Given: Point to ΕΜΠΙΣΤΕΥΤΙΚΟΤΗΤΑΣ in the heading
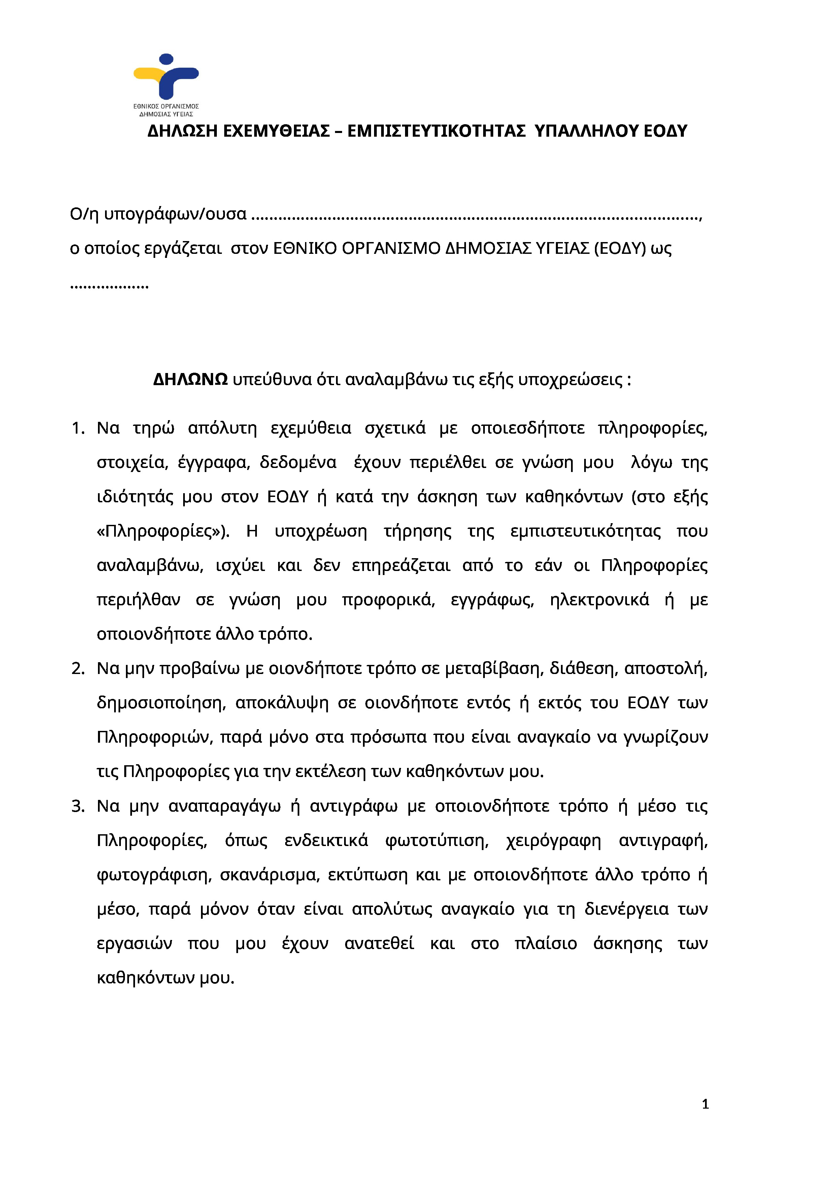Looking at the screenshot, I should pyautogui.click(x=436, y=132).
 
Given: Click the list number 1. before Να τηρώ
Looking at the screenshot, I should pyautogui.click(x=78, y=428).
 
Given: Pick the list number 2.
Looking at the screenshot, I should pyautogui.click(x=78, y=669).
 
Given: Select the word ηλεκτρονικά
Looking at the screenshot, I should pyautogui.click(x=599, y=600).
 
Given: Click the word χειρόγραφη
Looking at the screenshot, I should pyautogui.click(x=553, y=841).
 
